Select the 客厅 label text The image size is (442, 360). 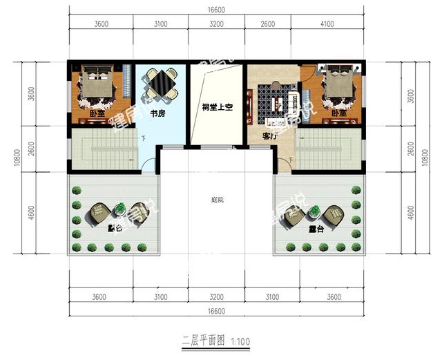269,136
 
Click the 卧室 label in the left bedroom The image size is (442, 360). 97,113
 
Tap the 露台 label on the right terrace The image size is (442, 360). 317,229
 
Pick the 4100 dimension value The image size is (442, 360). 327,24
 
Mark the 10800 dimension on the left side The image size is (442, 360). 15,159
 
